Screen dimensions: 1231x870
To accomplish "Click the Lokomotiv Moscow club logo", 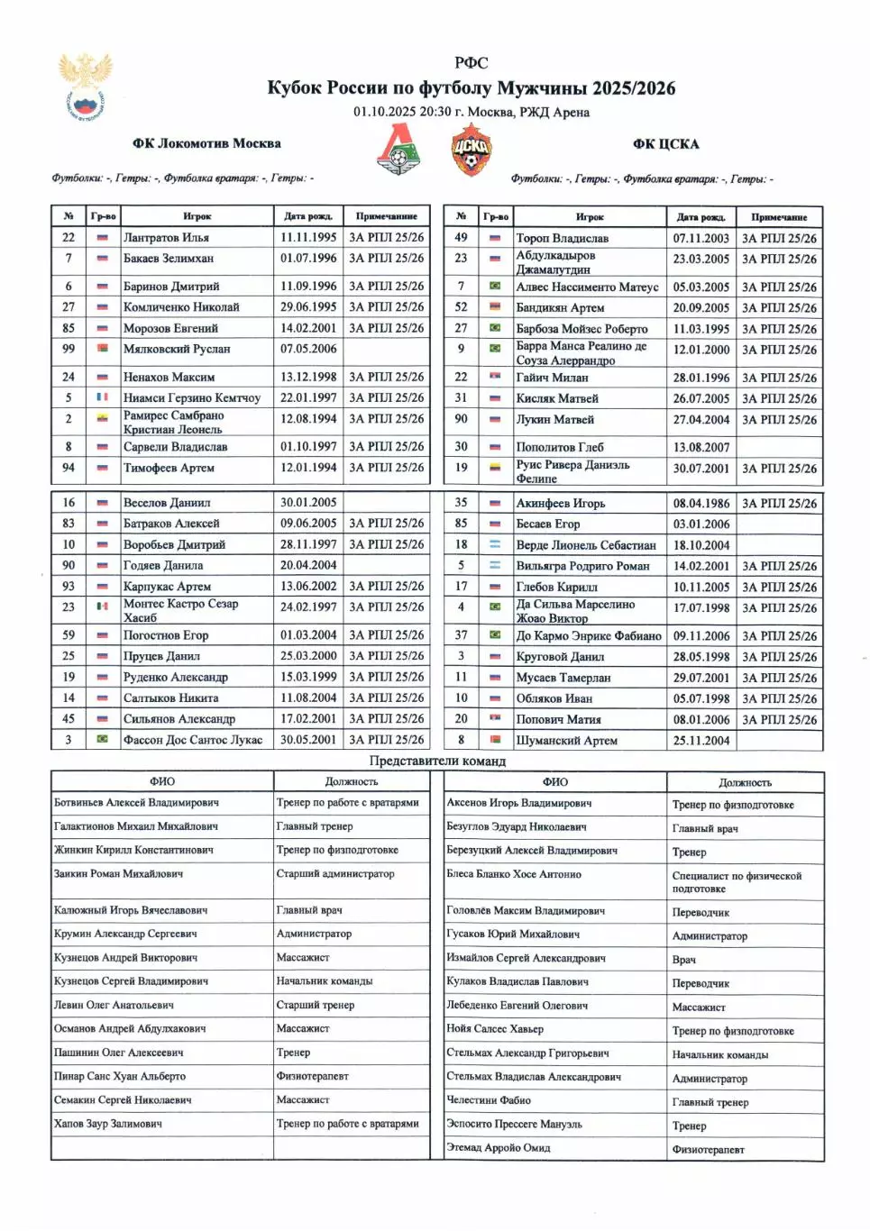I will (x=398, y=150).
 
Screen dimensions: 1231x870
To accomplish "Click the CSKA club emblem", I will (x=471, y=150).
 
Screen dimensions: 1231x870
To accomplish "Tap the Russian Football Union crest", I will (x=86, y=85).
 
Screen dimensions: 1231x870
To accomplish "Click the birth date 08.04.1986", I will (x=701, y=503).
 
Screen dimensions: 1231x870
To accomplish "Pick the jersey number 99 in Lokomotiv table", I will (x=69, y=349).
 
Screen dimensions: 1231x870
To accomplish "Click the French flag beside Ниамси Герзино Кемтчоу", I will (x=103, y=397).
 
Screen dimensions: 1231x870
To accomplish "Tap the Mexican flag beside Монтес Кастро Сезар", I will (x=103, y=606).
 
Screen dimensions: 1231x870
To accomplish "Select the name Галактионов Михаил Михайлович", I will (x=135, y=825).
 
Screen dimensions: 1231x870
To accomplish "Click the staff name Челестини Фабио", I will (x=489, y=1100).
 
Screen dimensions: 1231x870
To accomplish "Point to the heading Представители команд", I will (x=437, y=761).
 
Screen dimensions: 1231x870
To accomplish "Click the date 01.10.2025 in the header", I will (x=384, y=112).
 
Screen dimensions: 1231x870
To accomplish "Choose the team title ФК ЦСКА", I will (x=665, y=143).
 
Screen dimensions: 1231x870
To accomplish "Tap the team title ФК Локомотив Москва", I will (x=206, y=143).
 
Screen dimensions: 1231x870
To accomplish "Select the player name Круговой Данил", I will (x=560, y=657).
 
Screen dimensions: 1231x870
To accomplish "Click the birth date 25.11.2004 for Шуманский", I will (x=701, y=741).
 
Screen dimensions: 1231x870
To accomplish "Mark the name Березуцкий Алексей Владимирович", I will (x=532, y=850).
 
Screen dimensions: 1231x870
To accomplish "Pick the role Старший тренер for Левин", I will (x=315, y=1005).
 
